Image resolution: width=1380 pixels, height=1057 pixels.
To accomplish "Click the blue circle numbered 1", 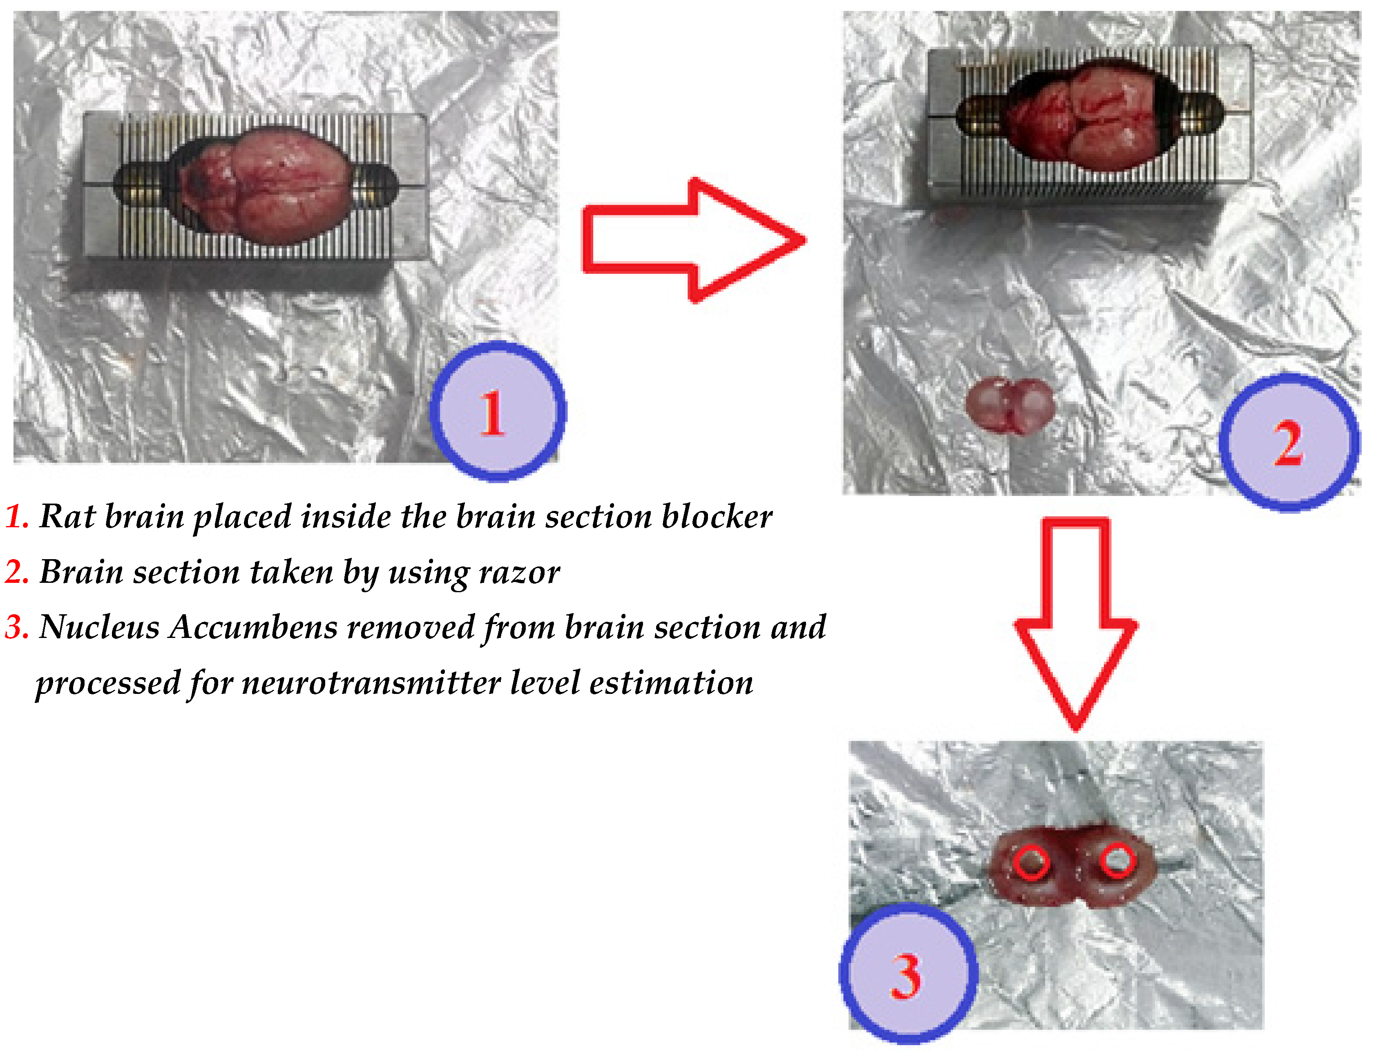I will point(498,411).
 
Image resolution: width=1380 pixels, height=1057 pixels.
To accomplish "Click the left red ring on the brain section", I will point(1031,862).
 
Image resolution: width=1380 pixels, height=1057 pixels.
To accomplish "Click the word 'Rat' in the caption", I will point(67,517).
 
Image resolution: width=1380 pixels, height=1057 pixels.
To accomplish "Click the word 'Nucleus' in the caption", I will point(99,627).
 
